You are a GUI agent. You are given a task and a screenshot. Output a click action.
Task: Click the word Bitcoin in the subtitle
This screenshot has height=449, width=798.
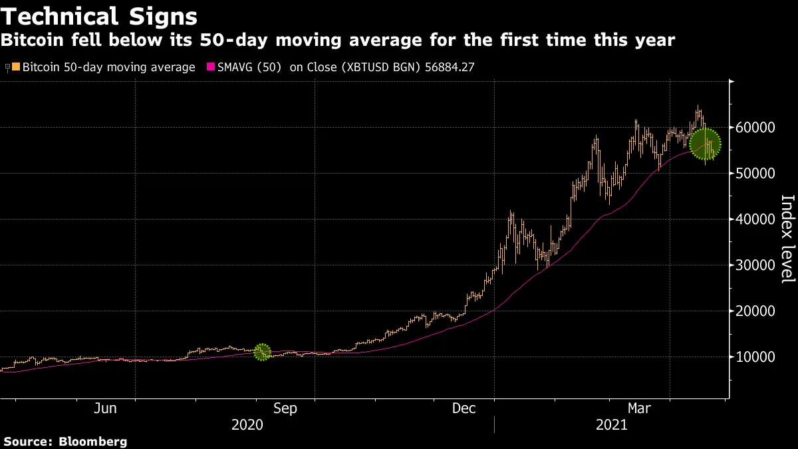tap(28, 41)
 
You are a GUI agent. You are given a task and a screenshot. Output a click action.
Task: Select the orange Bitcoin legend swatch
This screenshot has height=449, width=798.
tap(17, 67)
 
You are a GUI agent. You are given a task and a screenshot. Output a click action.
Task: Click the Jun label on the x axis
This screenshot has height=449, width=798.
tap(105, 408)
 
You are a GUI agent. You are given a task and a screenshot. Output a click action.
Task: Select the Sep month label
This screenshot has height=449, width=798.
tap(285, 408)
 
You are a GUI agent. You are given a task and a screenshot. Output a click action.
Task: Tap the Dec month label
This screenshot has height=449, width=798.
tap(464, 408)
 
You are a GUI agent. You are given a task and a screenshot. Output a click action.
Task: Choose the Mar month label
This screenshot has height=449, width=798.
tap(640, 408)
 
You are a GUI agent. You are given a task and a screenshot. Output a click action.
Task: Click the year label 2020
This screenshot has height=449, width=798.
tap(247, 425)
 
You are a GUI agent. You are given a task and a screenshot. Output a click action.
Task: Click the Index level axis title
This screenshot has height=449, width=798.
tap(787, 239)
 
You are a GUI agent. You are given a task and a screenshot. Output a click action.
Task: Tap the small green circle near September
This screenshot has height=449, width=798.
tap(263, 352)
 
